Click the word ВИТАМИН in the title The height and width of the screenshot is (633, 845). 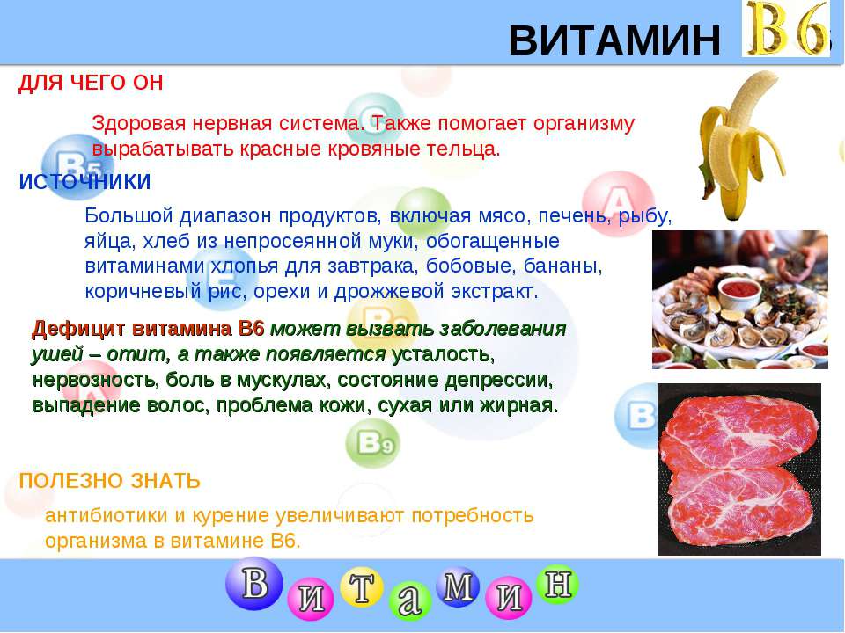point(614,40)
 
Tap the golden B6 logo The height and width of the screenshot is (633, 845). point(786,28)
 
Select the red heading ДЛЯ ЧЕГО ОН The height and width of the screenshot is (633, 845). point(91,83)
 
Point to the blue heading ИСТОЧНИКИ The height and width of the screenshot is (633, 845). point(84,182)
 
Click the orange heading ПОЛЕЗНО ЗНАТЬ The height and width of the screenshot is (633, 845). point(109,481)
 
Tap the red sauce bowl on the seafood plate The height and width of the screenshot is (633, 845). point(739,292)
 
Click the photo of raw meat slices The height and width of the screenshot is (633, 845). point(738,469)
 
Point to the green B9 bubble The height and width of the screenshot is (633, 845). point(373,443)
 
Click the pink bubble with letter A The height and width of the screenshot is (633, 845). point(619,203)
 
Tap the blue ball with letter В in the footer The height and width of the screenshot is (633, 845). point(253,583)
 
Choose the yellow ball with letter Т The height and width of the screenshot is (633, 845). point(362,587)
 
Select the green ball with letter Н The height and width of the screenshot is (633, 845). point(557,584)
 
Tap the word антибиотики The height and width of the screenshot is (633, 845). point(107,516)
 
